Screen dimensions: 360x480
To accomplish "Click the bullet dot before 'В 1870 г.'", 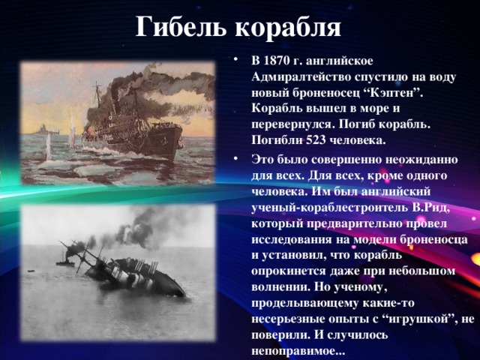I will pyautogui.click(x=238, y=61).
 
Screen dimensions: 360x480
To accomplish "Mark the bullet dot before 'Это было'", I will pyautogui.click(x=238, y=160).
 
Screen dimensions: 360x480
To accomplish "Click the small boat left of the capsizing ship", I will pyautogui.click(x=69, y=262).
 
